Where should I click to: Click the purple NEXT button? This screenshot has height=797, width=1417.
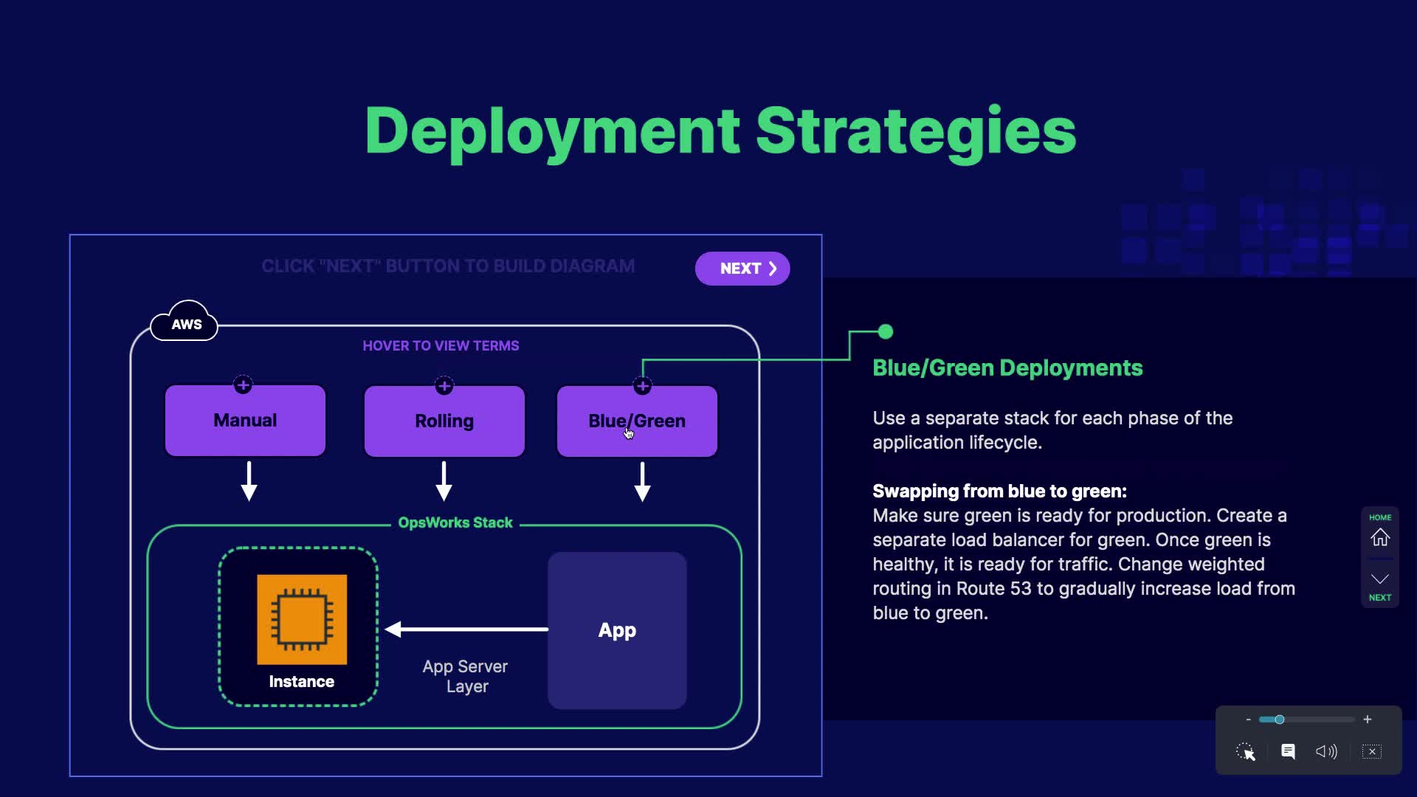[x=742, y=269]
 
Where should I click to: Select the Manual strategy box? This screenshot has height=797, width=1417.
[x=245, y=421]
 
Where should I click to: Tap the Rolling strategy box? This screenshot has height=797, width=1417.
[x=444, y=421]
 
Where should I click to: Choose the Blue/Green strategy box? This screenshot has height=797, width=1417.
[x=637, y=421]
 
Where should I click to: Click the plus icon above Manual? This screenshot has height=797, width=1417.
[x=243, y=384]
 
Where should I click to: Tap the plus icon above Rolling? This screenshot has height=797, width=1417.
[x=444, y=385]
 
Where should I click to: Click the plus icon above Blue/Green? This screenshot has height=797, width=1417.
[x=642, y=385]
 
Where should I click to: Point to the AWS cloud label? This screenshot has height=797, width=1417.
[x=185, y=323]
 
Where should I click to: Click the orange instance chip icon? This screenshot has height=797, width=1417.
[x=302, y=619]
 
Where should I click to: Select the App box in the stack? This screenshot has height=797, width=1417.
[x=617, y=630]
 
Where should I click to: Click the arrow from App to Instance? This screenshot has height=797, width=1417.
[x=466, y=629]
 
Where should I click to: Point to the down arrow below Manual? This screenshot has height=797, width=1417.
[x=249, y=482]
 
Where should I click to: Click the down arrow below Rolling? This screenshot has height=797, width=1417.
[x=444, y=482]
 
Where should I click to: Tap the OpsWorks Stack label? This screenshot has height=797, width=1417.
[x=455, y=523]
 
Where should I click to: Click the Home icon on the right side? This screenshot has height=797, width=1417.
[x=1379, y=537]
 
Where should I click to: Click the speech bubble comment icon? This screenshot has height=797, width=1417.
[x=1288, y=751]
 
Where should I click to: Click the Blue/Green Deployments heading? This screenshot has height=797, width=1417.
[x=1007, y=368]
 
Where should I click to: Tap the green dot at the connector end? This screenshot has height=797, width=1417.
[x=886, y=332]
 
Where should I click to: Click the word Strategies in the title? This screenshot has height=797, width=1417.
[x=915, y=131]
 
